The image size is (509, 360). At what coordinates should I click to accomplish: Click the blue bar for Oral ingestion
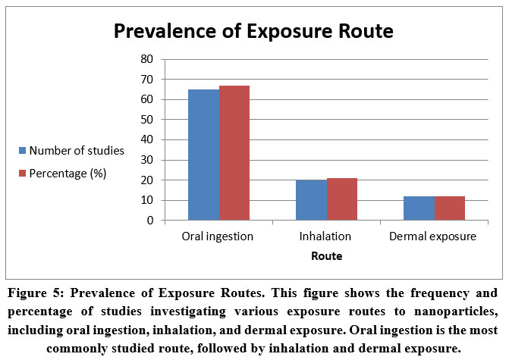[x=203, y=155]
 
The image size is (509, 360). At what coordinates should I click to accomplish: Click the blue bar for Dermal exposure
[x=419, y=208]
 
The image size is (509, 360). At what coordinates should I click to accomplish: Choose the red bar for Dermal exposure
[x=449, y=208]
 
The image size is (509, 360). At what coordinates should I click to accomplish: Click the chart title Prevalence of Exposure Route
[x=254, y=32]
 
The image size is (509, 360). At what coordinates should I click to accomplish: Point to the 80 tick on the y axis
[x=146, y=59]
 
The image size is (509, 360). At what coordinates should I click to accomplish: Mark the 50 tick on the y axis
[x=146, y=120]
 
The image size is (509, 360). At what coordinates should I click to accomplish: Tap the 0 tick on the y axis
[x=149, y=221]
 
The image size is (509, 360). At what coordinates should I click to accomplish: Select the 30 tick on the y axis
[x=146, y=160]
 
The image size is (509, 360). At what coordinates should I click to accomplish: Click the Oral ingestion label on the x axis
[x=218, y=236]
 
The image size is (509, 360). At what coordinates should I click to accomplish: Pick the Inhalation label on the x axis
[x=326, y=236]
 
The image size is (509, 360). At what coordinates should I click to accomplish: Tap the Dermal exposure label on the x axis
[x=432, y=236]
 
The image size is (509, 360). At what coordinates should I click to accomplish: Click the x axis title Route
[x=326, y=256]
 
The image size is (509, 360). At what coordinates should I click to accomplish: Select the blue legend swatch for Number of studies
[x=24, y=151]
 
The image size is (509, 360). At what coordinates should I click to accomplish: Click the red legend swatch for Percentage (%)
[x=24, y=174]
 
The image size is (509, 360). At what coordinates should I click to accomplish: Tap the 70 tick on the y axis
[x=146, y=80]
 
